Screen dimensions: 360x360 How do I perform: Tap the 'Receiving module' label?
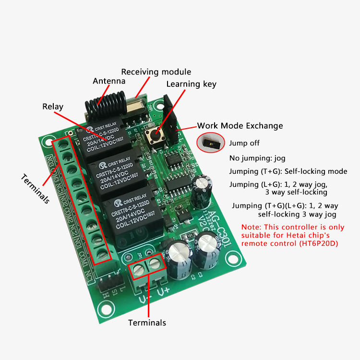pyautogui.click(x=156, y=72)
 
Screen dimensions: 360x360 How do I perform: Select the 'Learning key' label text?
pyautogui.click(x=191, y=84)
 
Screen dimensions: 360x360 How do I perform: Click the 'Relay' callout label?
pyautogui.click(x=53, y=107)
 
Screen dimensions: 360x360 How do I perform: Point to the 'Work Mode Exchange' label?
pyautogui.click(x=240, y=126)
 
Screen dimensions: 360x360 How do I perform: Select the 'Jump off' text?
pyautogui.click(x=244, y=143)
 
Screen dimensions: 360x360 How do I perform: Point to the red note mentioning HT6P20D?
pyautogui.click(x=293, y=235)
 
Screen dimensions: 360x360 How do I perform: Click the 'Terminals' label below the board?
pyautogui.click(x=147, y=323)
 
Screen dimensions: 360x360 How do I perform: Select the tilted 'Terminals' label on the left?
pyautogui.click(x=35, y=189)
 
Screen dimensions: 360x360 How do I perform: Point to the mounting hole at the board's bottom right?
pyautogui.click(x=235, y=259)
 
